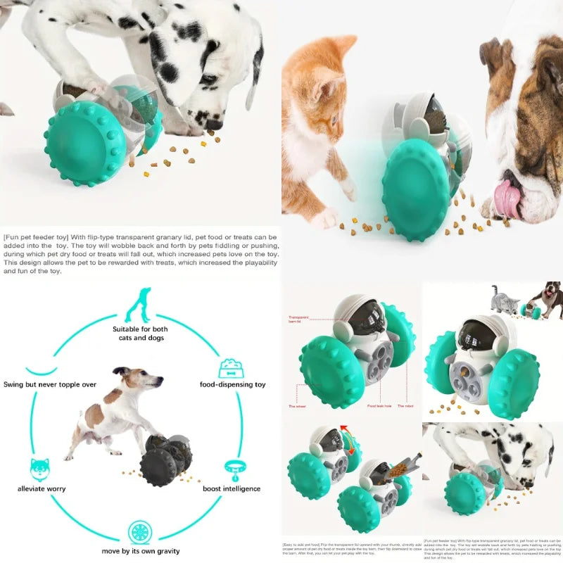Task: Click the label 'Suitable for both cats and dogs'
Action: click(x=140, y=333)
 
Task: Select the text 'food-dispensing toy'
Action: click(x=232, y=385)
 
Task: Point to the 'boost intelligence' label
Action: click(x=232, y=488)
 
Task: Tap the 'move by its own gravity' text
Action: click(x=140, y=550)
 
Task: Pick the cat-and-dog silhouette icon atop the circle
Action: click(x=139, y=305)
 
